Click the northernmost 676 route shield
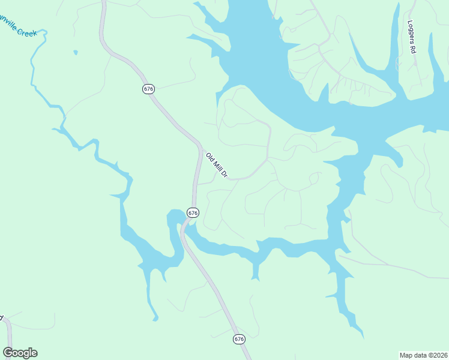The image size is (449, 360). pyautogui.click(x=149, y=89)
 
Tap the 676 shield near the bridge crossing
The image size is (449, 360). pyautogui.click(x=193, y=212)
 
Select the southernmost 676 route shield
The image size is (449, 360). pyautogui.click(x=240, y=339)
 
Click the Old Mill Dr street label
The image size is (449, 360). pyautogui.click(x=217, y=166)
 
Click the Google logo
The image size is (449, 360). pyautogui.click(x=20, y=353)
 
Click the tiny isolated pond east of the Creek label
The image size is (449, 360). pyautogui.click(x=76, y=53)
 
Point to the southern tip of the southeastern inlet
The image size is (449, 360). pyautogui.click(x=362, y=335)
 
